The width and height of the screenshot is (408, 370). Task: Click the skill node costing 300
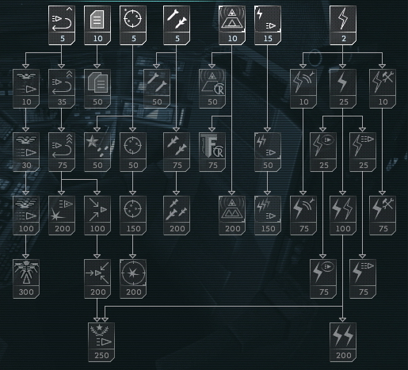click(x=26, y=279)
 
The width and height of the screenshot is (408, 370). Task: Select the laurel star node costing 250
click(x=101, y=342)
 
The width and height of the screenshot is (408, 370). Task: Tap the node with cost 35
click(x=62, y=89)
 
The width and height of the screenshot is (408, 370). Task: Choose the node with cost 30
click(x=26, y=152)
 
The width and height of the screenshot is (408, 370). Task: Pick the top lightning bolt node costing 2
click(x=343, y=25)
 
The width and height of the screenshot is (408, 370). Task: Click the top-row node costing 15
click(x=268, y=25)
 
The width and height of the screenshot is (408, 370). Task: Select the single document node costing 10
click(x=97, y=25)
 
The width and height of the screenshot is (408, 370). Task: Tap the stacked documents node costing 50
click(x=97, y=89)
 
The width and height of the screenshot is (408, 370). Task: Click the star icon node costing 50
click(x=97, y=152)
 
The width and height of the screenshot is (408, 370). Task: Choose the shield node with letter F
click(x=212, y=152)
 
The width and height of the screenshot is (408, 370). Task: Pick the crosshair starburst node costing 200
click(x=133, y=279)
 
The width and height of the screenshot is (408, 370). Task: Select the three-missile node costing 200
click(x=177, y=216)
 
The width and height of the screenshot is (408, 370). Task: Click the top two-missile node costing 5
click(x=177, y=25)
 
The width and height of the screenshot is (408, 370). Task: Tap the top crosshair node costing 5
click(x=133, y=25)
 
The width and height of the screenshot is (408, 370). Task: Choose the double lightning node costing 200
click(x=343, y=342)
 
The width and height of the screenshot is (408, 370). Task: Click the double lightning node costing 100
click(x=343, y=216)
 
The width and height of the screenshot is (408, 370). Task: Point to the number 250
click(x=101, y=356)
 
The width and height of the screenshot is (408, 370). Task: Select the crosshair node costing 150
click(x=133, y=216)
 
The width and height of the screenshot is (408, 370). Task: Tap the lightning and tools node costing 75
click(x=383, y=216)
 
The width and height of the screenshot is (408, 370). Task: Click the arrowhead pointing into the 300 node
click(x=25, y=257)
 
